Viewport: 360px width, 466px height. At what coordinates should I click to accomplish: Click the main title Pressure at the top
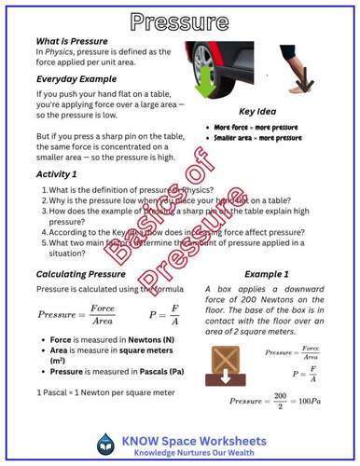(x=180, y=21)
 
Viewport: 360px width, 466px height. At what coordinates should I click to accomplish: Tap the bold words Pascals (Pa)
(x=137, y=370)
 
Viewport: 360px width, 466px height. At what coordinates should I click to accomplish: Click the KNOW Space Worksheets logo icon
(x=105, y=445)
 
